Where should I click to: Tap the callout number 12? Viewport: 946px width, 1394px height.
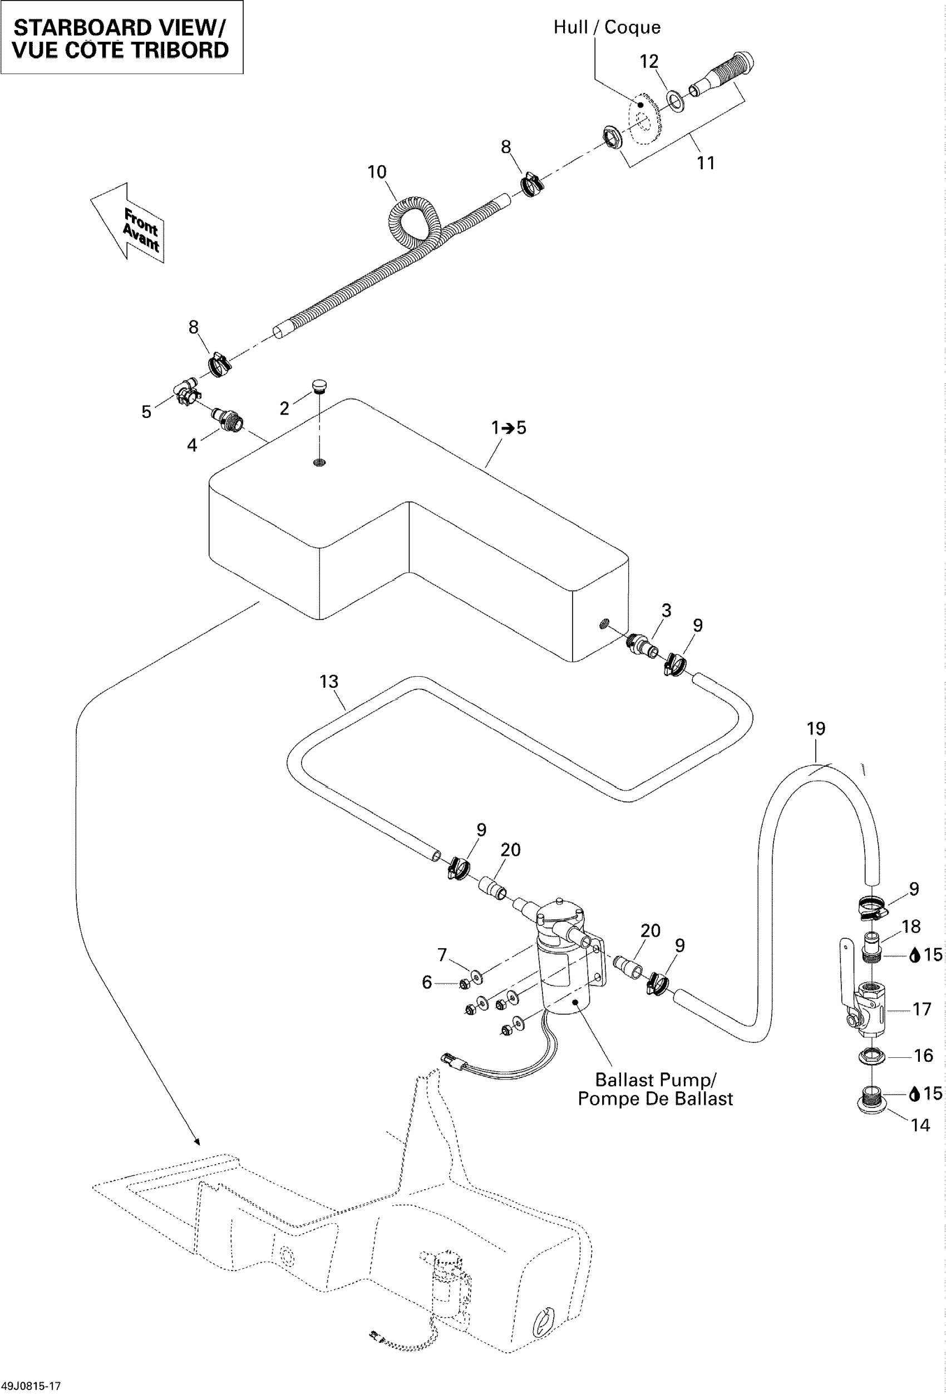click(x=649, y=62)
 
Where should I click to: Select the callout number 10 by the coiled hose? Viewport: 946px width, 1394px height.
click(x=377, y=173)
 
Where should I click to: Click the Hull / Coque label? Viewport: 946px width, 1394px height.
click(x=607, y=28)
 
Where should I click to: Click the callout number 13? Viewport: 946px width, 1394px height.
click(x=329, y=682)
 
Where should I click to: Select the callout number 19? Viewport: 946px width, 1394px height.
click(x=816, y=729)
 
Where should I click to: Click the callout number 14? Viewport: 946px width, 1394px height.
click(x=920, y=1125)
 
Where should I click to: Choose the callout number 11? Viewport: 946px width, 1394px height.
click(x=706, y=163)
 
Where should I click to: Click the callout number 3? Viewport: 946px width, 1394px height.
click(x=667, y=610)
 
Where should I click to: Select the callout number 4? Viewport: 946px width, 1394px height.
click(x=192, y=445)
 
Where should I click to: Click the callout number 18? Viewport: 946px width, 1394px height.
click(x=910, y=927)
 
